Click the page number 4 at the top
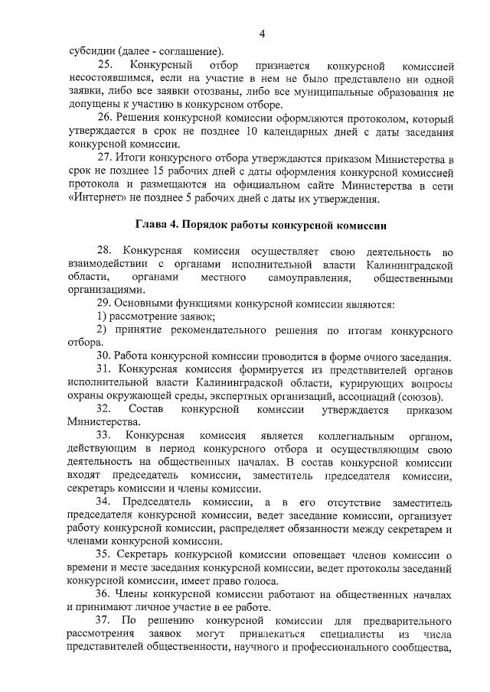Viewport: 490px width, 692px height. [262, 33]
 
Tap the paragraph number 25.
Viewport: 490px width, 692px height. [104, 64]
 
